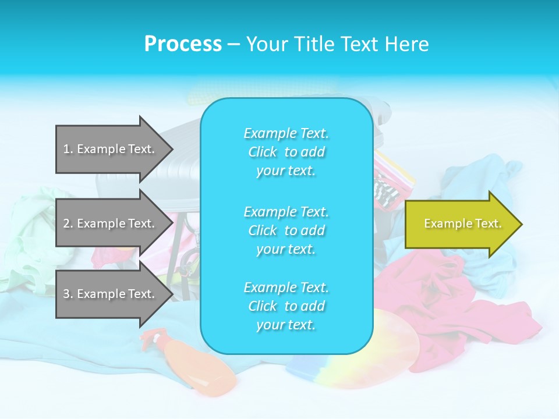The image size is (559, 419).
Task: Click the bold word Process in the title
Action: click(183, 44)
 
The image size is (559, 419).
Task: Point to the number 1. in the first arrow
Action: click(68, 149)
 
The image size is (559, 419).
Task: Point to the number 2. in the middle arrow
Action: click(68, 223)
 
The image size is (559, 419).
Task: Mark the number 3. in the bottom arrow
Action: click(68, 294)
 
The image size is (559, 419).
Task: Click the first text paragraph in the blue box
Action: click(286, 152)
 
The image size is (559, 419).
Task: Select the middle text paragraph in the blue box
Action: click(286, 230)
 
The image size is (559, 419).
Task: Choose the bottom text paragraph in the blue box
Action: click(286, 306)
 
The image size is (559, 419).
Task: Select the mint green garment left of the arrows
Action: click(29, 233)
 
